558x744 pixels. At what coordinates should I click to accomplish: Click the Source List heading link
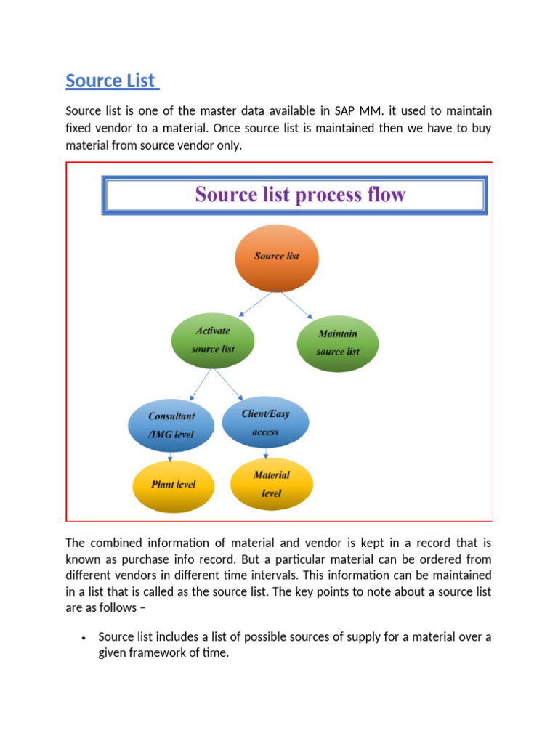pyautogui.click(x=111, y=81)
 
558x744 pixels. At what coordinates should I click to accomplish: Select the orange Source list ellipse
pyautogui.click(x=277, y=256)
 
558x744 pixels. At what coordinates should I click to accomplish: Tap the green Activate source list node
pyautogui.click(x=213, y=340)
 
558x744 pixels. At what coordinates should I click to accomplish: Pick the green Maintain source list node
pyautogui.click(x=338, y=343)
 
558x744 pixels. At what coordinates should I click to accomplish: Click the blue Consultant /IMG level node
pyautogui.click(x=171, y=426)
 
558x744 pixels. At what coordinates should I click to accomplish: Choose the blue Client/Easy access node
pyautogui.click(x=265, y=423)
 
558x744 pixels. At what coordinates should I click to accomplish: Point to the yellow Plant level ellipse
pyautogui.click(x=173, y=485)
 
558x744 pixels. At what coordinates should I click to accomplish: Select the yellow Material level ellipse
pyautogui.click(x=271, y=484)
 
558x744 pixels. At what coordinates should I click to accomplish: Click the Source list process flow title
pyautogui.click(x=299, y=195)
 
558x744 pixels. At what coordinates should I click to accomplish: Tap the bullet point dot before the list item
pyautogui.click(x=84, y=638)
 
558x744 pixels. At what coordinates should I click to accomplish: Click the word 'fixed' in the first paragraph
pyautogui.click(x=78, y=129)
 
